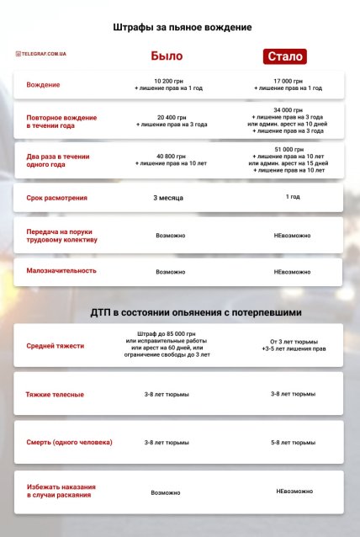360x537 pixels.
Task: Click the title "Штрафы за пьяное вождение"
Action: click(x=183, y=28)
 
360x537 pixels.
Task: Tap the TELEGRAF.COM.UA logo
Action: click(x=41, y=54)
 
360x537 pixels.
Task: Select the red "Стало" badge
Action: click(x=283, y=56)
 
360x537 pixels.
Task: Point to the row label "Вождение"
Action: click(x=43, y=86)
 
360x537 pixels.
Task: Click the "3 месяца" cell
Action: click(x=168, y=198)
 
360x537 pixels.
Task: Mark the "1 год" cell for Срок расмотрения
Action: click(x=293, y=197)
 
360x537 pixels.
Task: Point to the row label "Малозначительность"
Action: click(x=61, y=271)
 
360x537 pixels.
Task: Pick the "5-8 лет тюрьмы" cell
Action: click(x=293, y=442)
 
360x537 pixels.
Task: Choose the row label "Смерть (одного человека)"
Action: click(x=69, y=442)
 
